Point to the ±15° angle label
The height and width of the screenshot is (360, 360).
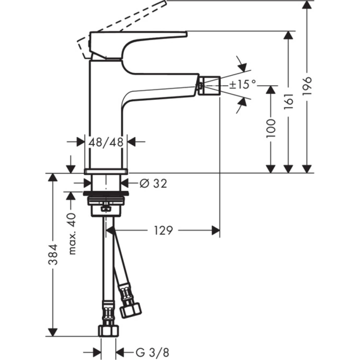pyautogui.click(x=243, y=85)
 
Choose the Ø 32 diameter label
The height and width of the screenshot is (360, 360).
pyautogui.click(x=153, y=183)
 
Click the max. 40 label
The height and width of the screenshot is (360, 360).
pyautogui.click(x=72, y=234)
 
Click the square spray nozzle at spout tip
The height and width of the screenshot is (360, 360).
pyautogui.click(x=210, y=86)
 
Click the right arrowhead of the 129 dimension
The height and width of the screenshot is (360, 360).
pyautogui.click(x=215, y=230)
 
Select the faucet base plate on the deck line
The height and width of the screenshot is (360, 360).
pyautogui.click(x=106, y=171)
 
